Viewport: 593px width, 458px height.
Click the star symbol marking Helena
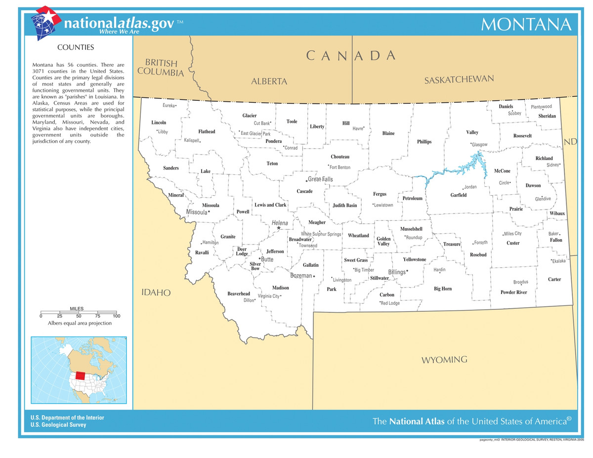(279, 228)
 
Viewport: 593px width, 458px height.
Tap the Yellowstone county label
(414, 259)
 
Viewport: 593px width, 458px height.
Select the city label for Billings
(396, 272)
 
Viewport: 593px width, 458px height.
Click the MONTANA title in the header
(526, 24)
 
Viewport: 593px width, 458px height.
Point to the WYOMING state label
(444, 360)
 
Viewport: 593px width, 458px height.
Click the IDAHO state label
(156, 293)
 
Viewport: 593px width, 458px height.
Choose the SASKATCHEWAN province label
(459, 80)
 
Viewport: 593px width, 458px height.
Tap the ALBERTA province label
(269, 82)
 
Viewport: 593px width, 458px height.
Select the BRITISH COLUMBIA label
(161, 68)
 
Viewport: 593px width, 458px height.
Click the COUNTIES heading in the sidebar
(76, 48)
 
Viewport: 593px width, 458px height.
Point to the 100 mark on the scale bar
(117, 316)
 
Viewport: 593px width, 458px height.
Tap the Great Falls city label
(320, 179)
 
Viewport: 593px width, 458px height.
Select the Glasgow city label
(479, 145)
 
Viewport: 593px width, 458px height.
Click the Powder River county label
(514, 292)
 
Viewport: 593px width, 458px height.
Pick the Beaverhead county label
(239, 293)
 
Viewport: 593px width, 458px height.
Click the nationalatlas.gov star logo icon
(45, 22)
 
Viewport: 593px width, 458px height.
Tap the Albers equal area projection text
(80, 323)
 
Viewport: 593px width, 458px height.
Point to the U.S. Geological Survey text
(58, 425)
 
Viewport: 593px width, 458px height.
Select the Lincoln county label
(159, 122)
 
